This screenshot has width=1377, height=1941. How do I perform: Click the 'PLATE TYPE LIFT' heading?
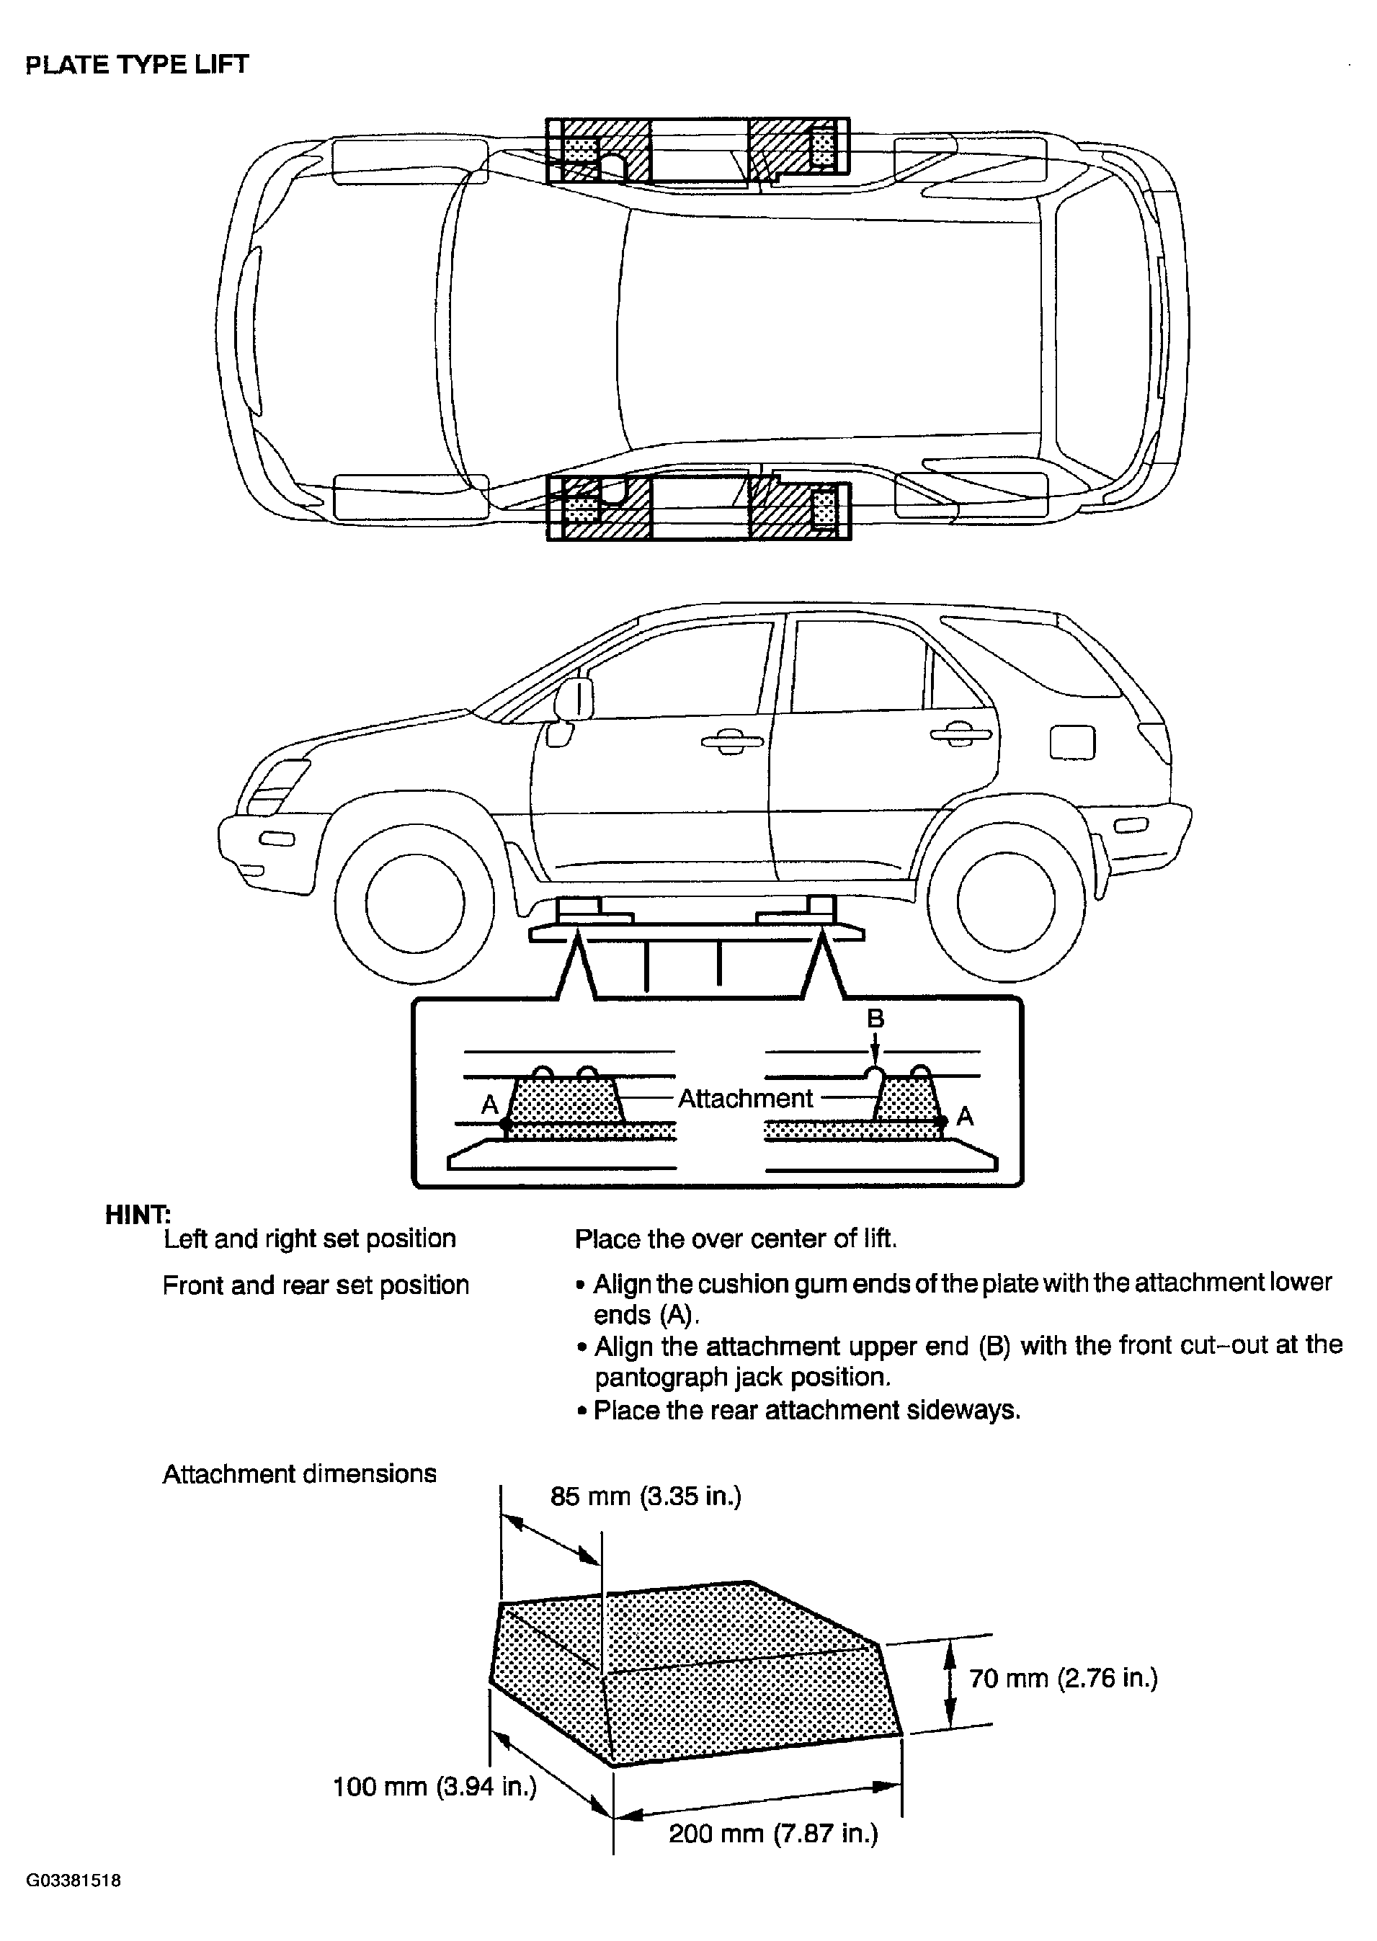coord(138,66)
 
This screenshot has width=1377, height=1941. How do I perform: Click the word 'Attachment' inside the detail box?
coord(745,1099)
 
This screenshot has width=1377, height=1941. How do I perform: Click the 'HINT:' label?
coord(138,1215)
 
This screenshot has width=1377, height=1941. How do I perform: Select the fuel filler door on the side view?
coord(1073,744)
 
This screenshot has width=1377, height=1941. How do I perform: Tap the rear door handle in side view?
coord(961,734)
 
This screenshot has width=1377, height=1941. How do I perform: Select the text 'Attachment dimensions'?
coord(299,1474)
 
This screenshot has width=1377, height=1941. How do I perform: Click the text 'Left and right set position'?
coord(310,1239)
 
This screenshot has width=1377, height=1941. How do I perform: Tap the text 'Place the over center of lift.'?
coord(736,1239)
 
